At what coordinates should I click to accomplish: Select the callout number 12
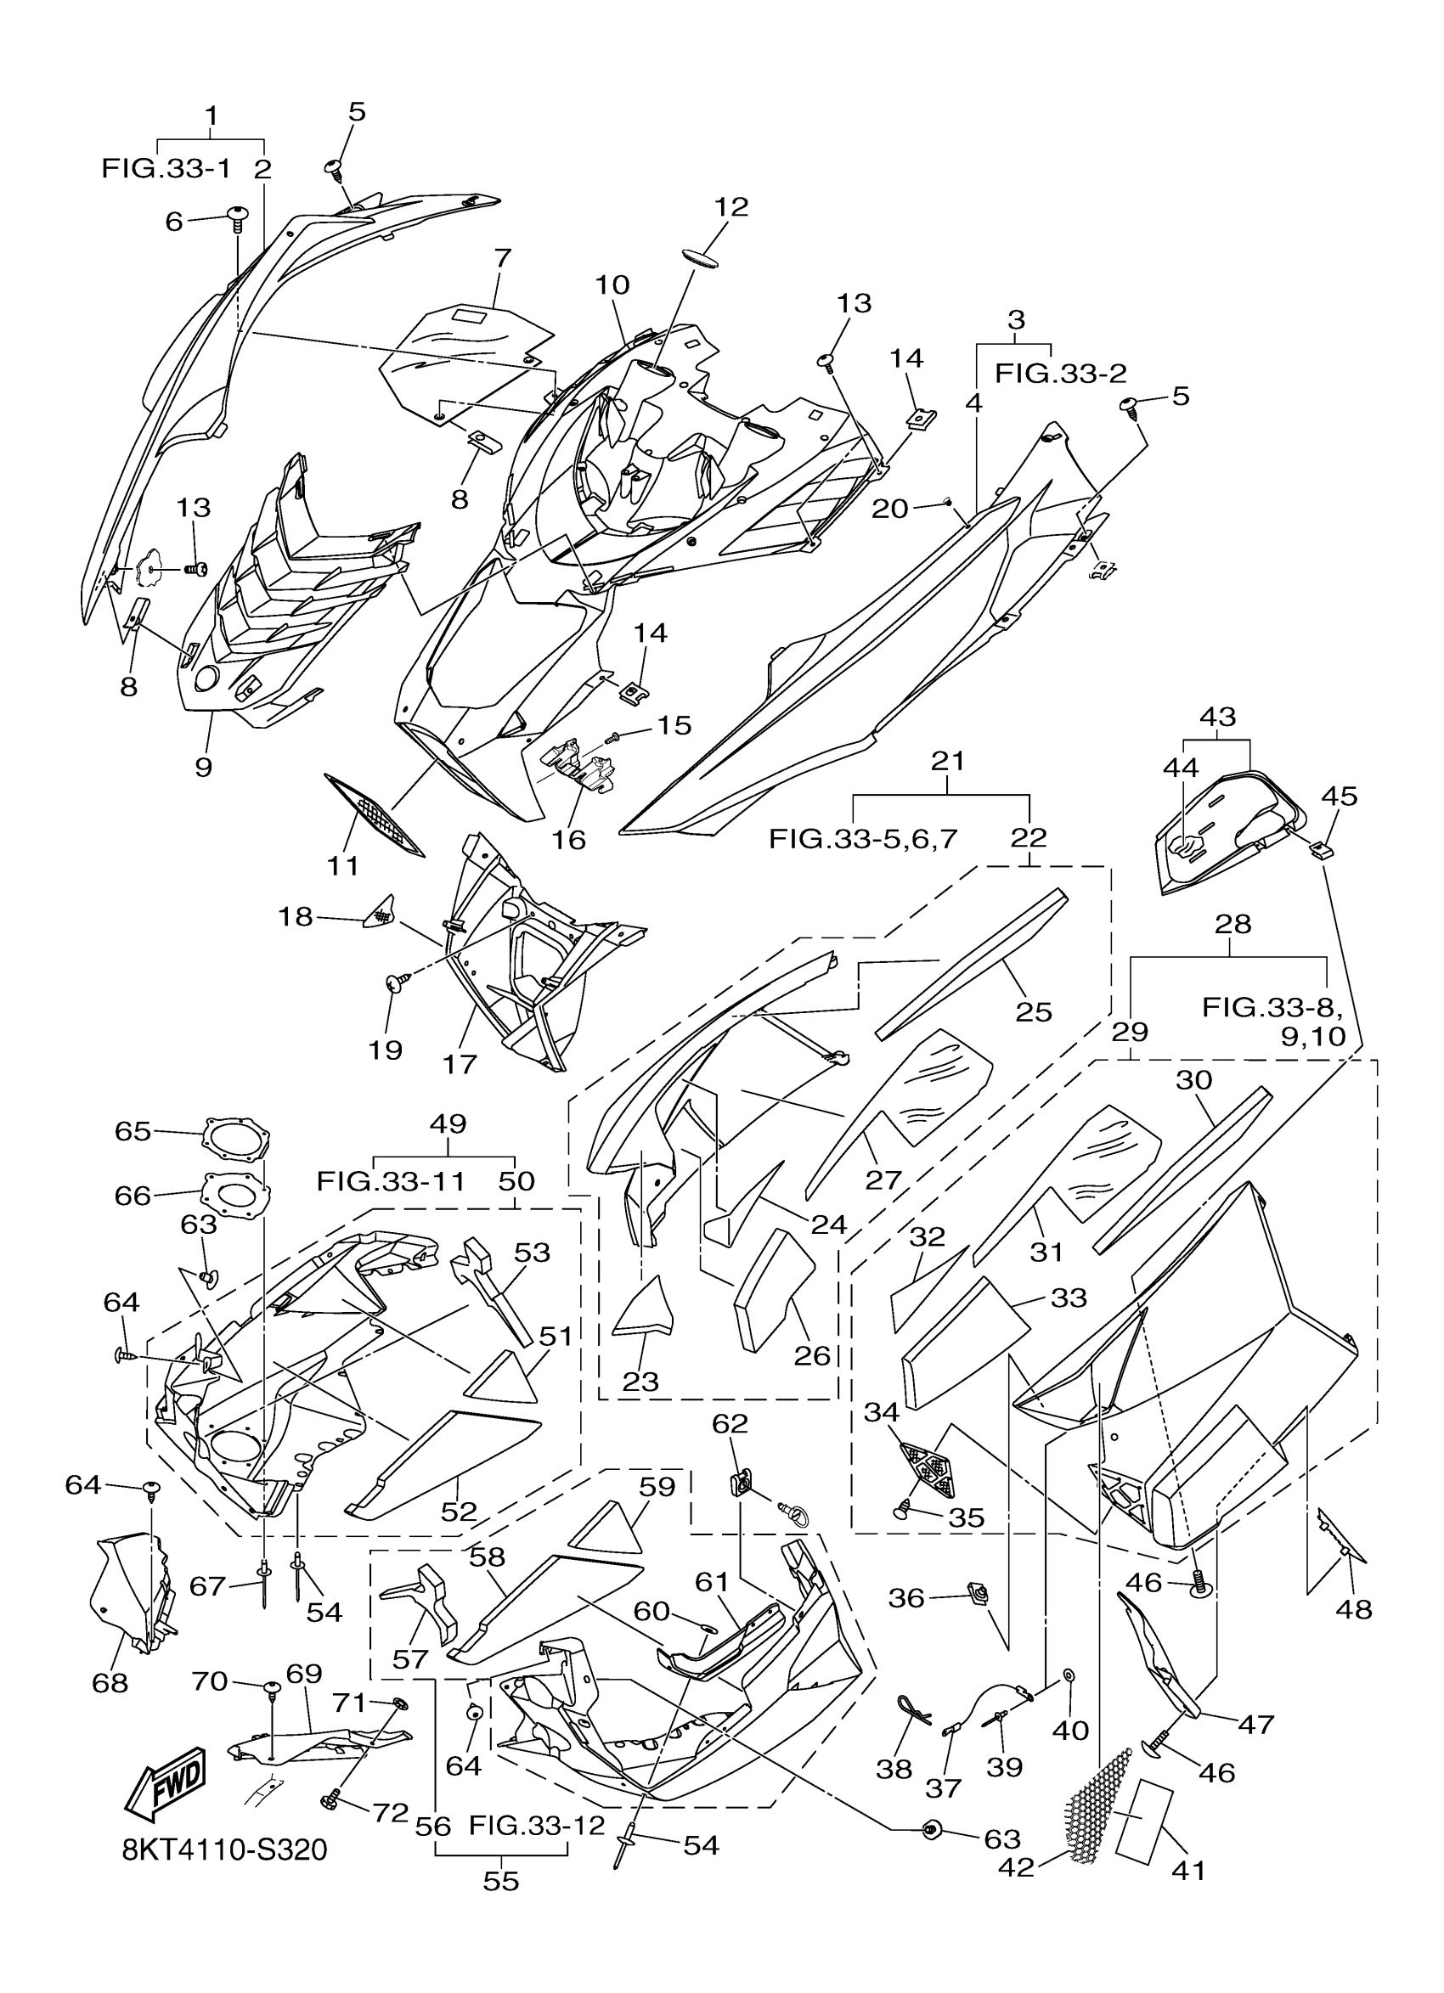[x=730, y=206]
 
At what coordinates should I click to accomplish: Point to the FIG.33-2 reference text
[x=1060, y=374]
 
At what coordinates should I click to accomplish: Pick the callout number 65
[x=133, y=1131]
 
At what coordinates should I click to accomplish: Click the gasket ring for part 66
[x=235, y=1194]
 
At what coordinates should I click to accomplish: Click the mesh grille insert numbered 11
[x=375, y=814]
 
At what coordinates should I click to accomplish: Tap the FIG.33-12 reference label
[x=536, y=1825]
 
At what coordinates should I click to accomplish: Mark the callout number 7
[x=502, y=258]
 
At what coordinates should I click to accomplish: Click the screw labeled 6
[x=238, y=217]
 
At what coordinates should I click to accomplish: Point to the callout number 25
[x=1034, y=1012]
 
